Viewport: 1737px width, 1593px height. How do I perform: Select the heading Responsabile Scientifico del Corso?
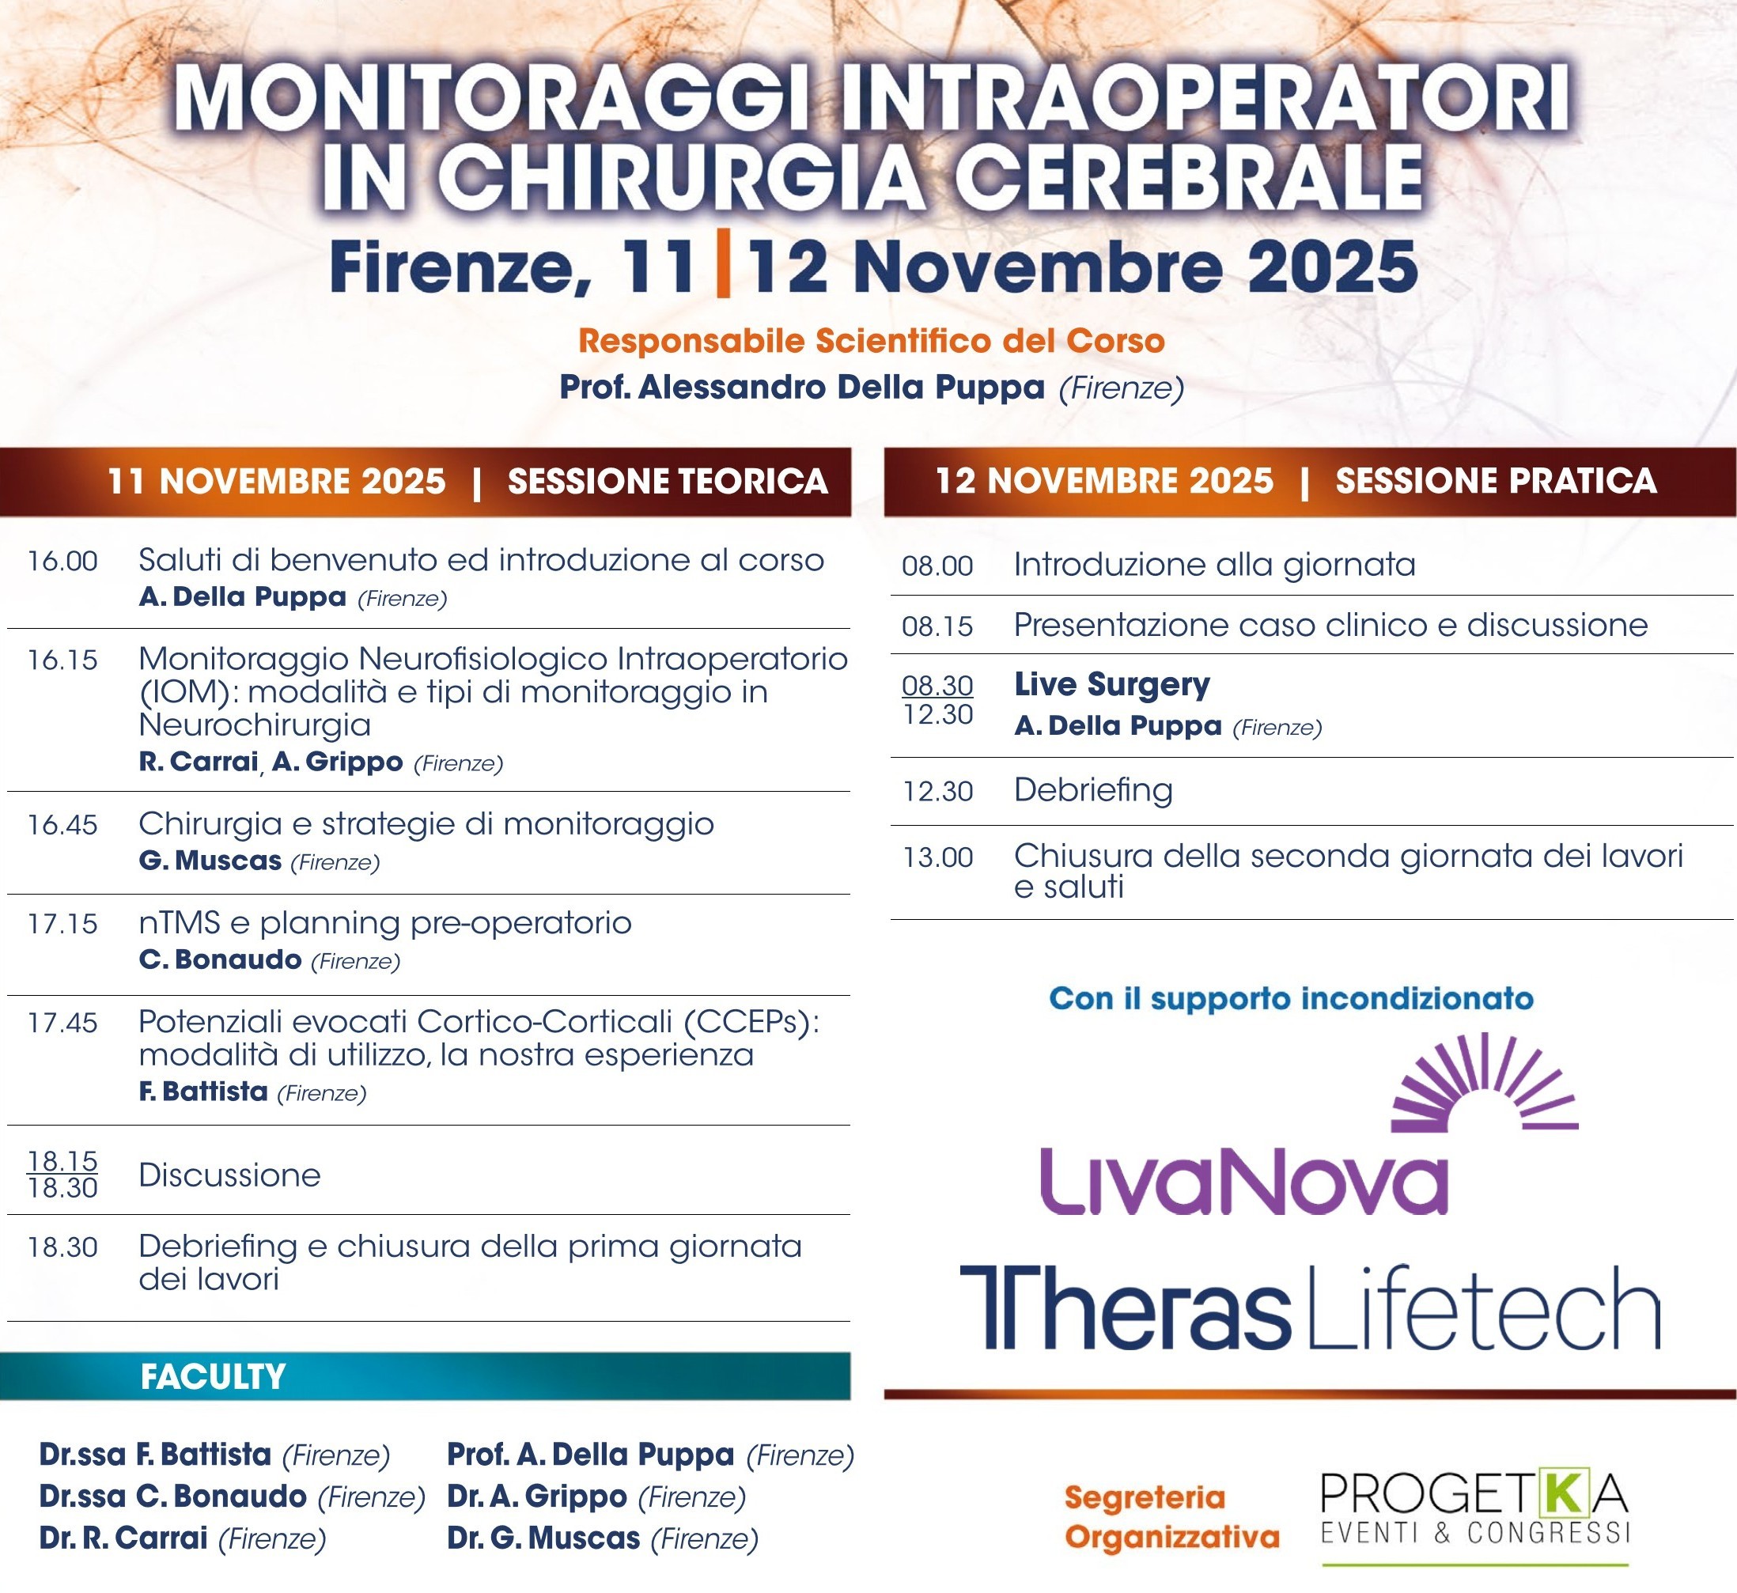[x=872, y=342]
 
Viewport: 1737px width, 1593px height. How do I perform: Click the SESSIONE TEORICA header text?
[x=668, y=481]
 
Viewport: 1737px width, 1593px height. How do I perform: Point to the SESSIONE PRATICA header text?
[x=1496, y=481]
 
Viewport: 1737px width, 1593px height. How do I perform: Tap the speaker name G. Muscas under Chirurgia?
[x=210, y=861]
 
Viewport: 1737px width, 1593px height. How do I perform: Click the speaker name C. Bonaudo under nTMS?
[x=221, y=959]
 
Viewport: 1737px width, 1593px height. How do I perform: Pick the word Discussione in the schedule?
[x=230, y=1175]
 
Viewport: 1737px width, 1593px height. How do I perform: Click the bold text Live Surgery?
[x=1112, y=685]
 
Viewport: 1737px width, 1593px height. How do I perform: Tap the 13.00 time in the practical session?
[x=938, y=857]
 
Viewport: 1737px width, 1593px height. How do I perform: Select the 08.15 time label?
[x=938, y=626]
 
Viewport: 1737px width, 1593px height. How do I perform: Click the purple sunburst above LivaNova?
[x=1485, y=1084]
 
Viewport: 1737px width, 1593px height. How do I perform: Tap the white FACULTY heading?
[x=213, y=1376]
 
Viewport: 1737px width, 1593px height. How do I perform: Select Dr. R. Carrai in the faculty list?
[x=123, y=1538]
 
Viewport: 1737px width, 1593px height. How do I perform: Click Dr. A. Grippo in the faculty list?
[x=537, y=1497]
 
